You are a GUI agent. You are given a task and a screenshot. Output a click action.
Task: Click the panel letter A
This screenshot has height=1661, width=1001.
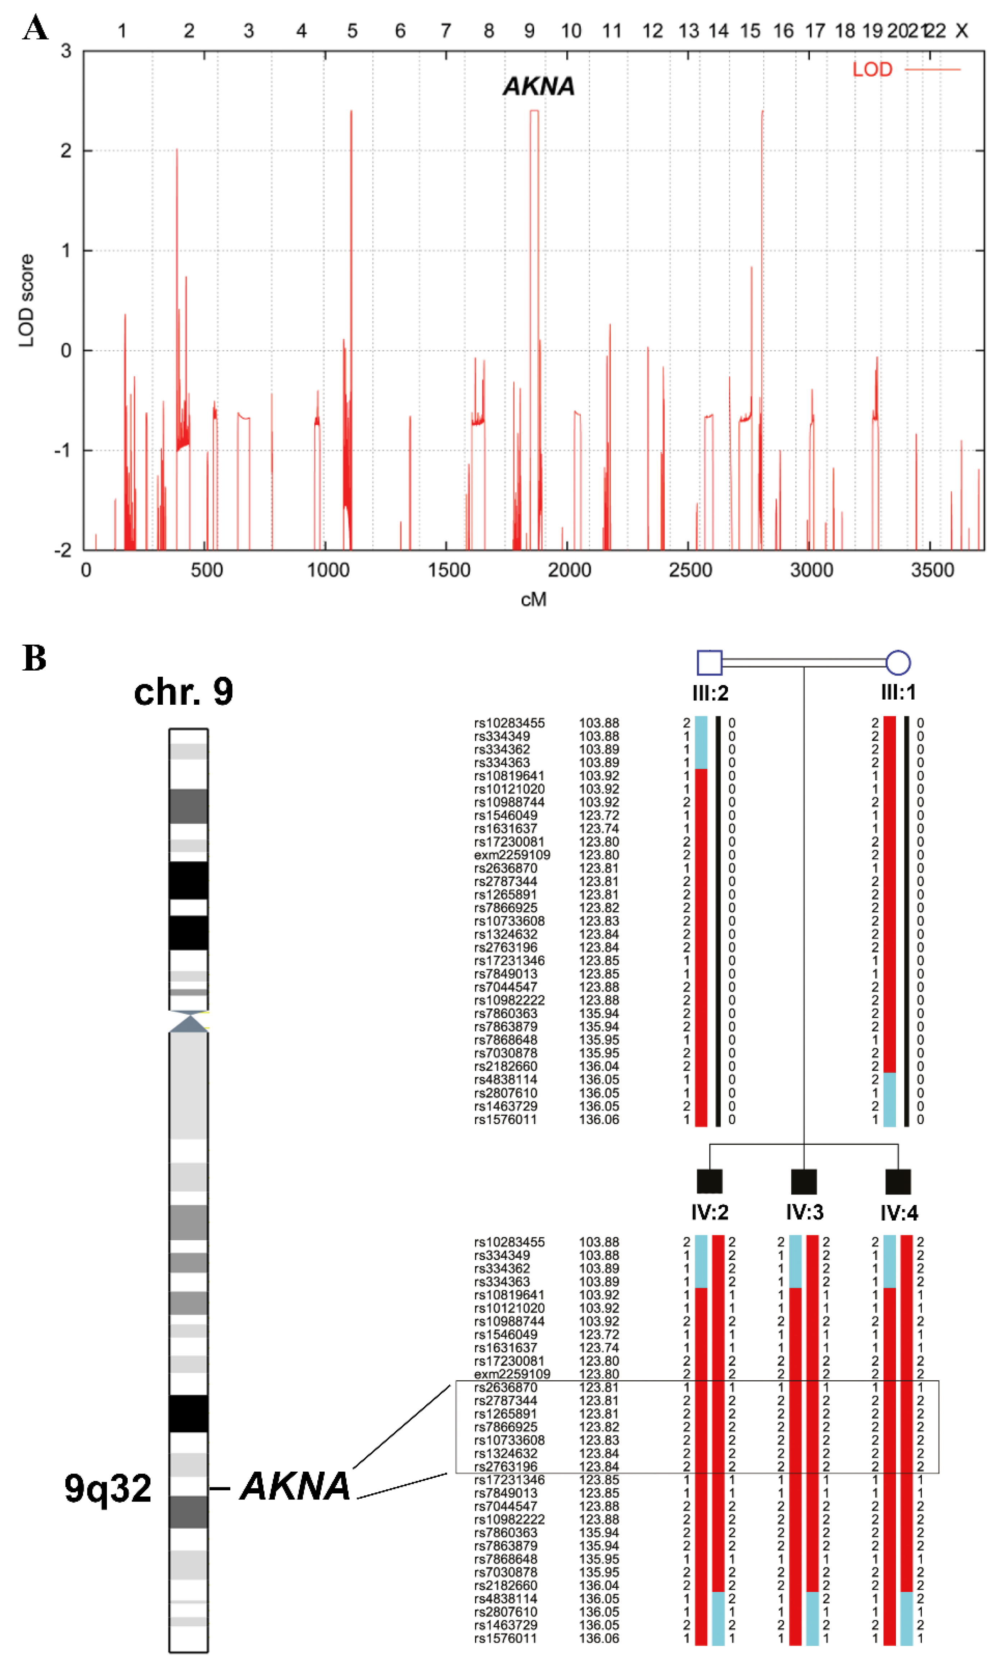click(35, 28)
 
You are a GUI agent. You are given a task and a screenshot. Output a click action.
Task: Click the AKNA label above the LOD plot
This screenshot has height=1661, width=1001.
click(538, 86)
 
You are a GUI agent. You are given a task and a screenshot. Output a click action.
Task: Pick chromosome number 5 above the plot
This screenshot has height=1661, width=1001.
click(352, 31)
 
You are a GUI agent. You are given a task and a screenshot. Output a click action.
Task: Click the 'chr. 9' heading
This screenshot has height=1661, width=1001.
click(184, 692)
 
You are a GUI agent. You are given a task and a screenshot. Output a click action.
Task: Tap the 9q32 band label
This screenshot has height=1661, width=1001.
click(108, 1489)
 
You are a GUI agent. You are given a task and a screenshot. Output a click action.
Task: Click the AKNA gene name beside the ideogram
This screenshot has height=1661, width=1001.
click(295, 1486)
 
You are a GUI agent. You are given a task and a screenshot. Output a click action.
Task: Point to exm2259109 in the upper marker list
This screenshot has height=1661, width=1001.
click(512, 855)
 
